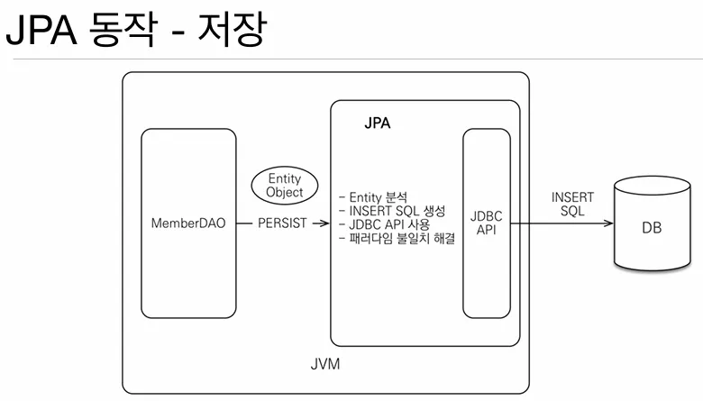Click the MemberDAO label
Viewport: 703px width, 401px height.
tap(189, 223)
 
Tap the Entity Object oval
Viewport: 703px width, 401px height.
tap(284, 184)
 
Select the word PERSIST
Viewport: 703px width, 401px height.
tap(283, 223)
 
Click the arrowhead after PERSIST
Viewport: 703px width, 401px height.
tap(324, 223)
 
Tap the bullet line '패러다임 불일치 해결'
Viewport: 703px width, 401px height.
tap(397, 239)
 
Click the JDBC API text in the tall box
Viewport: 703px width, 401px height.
tap(486, 223)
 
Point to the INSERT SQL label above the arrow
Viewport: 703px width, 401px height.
tap(573, 203)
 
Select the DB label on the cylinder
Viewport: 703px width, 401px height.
tap(651, 229)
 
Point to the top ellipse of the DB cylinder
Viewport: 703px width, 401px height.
tap(652, 187)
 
